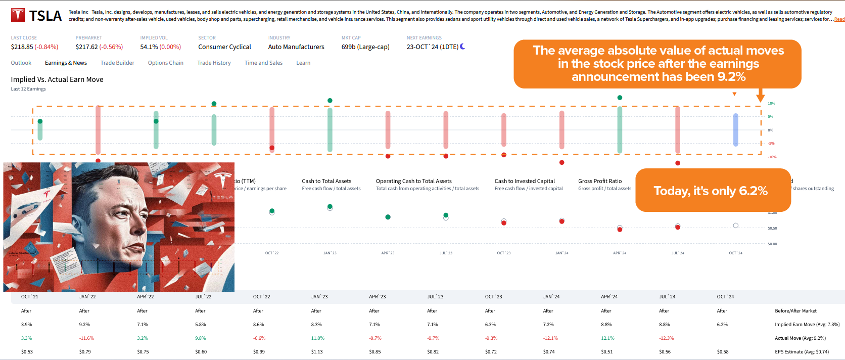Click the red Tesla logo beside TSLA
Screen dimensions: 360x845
pos(18,15)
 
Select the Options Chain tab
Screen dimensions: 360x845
pos(165,63)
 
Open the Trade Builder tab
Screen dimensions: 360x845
pos(117,63)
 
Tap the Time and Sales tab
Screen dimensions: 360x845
pos(263,63)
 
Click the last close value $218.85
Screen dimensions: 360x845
pos(22,47)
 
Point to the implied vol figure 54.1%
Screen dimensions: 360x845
pos(149,47)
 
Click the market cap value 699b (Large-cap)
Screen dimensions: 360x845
pos(365,47)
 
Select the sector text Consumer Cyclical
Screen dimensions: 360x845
pos(224,47)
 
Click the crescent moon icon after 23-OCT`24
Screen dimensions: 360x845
pos(462,47)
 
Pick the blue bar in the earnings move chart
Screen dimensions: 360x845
pos(735,130)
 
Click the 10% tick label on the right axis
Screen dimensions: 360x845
pos(771,104)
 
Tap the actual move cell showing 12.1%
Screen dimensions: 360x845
pos(607,338)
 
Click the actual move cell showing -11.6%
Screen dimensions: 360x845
pos(86,338)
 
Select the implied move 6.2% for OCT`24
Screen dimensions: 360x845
pos(722,325)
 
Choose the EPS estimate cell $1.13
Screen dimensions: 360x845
pos(316,352)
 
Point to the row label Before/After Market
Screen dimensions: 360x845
pos(795,311)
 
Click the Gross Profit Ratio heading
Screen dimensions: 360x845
pos(600,181)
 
